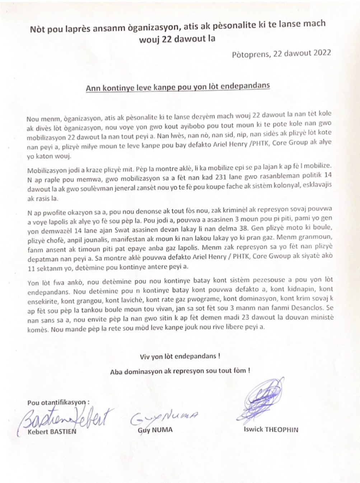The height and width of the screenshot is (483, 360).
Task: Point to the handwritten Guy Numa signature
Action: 163,416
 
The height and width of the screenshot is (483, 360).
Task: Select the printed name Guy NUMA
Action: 155,430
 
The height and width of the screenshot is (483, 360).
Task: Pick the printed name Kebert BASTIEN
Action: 52,431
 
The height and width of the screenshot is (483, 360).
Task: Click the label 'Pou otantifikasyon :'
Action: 58,403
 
